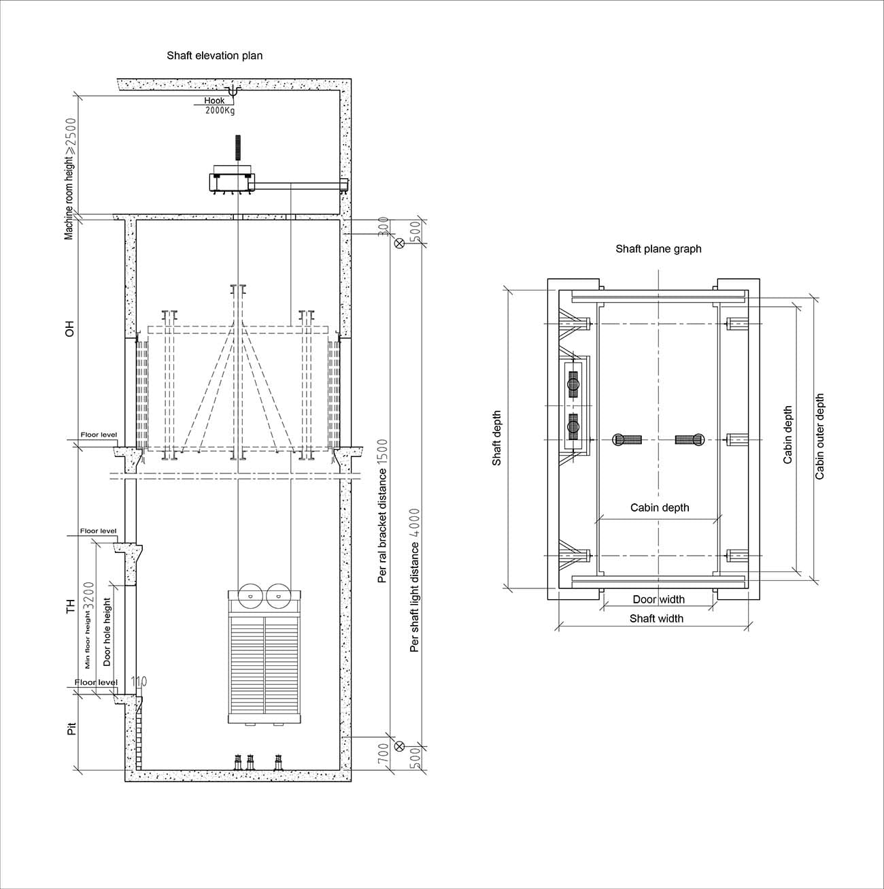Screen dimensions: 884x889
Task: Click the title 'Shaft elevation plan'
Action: [x=215, y=56]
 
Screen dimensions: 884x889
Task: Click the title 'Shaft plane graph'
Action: [x=658, y=249]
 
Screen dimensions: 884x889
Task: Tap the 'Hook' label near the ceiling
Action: [x=214, y=100]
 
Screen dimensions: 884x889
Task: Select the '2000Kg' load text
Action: [x=220, y=111]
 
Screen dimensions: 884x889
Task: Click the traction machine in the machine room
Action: [x=232, y=181]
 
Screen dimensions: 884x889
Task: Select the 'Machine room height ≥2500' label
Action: [x=69, y=179]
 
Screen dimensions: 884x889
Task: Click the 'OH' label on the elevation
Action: [x=69, y=329]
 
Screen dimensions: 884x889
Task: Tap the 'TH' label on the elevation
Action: [x=70, y=606]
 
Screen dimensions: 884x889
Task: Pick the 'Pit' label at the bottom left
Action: [x=71, y=728]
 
